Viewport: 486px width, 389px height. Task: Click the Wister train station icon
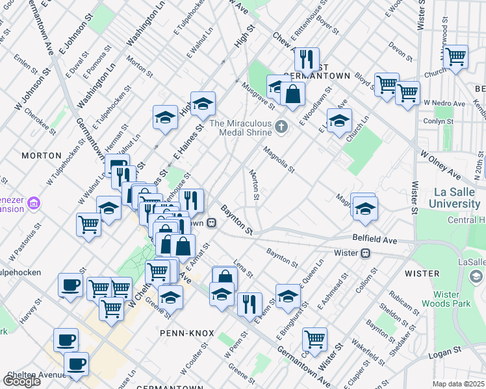coord(366,253)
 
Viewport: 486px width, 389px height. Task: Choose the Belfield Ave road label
coord(375,239)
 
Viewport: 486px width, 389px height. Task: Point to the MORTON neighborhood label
coord(41,156)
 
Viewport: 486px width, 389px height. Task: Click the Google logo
coord(21,381)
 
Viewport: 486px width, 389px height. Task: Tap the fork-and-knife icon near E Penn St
coord(249,303)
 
